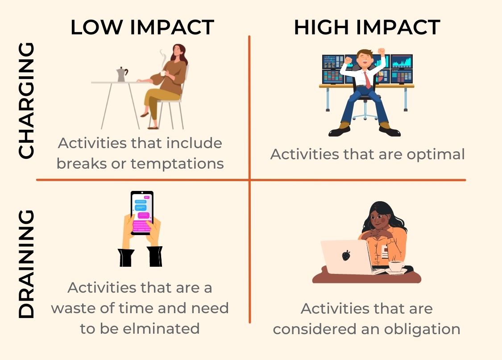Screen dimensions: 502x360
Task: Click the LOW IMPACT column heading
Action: point(142,27)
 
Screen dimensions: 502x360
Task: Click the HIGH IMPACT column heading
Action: point(367,27)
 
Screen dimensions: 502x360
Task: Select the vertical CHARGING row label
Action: point(26,100)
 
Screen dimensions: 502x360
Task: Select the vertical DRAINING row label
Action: point(26,264)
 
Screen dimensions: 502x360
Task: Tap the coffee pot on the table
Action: point(121,74)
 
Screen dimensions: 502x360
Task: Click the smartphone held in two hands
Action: point(142,213)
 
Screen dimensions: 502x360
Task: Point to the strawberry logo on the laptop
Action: point(346,255)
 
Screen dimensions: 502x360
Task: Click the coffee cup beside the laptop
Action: point(396,267)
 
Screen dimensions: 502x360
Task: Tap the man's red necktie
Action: point(368,80)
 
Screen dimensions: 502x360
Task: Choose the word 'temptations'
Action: point(177,164)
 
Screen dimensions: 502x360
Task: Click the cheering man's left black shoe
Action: point(340,131)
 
